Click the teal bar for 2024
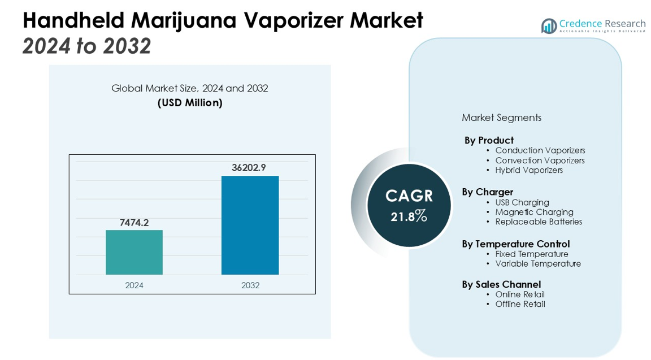pos(134,252)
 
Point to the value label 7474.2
pos(134,223)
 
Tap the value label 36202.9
pos(249,167)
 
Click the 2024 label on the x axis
pos(134,285)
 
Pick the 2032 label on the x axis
pos(250,285)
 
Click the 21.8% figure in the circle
pos(409,216)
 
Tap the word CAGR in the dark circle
pos(409,196)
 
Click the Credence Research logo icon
pos(548,25)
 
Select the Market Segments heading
pos(501,118)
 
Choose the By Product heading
pos(489,140)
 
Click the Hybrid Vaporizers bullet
pos(529,170)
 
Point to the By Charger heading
pos(487,192)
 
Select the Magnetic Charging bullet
pos(534,212)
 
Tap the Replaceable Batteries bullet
pos(539,222)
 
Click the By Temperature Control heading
pos(515,244)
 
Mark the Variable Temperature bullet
pos(538,263)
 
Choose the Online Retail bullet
pos(520,294)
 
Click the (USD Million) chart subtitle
pos(190,103)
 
